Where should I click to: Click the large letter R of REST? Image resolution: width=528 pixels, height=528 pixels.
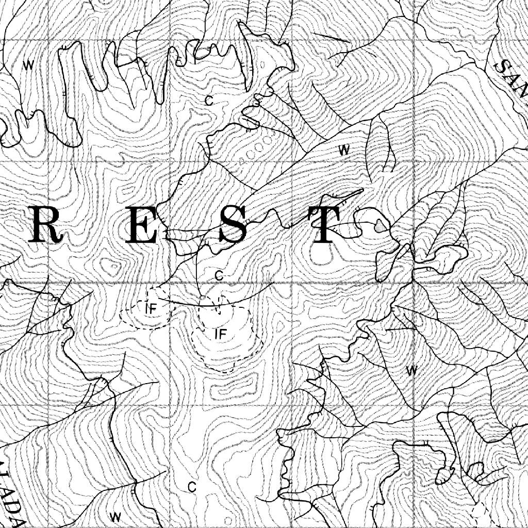(45, 225)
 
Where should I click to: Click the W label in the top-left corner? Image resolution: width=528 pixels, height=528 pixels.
(29, 65)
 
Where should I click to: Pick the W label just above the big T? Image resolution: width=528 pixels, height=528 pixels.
(344, 150)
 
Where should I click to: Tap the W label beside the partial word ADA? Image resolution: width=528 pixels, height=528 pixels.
(115, 516)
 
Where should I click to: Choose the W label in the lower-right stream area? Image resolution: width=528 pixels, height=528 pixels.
(411, 370)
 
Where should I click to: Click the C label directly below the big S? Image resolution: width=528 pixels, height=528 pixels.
(219, 276)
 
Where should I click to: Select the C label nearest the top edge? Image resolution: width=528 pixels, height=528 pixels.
(208, 101)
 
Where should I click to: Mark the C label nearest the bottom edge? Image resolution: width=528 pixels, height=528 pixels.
(192, 487)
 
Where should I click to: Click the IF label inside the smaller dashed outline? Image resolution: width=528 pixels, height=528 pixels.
(151, 309)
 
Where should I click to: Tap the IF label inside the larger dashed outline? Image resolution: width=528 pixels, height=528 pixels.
(221, 334)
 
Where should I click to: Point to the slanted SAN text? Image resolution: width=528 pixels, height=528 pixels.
(510, 77)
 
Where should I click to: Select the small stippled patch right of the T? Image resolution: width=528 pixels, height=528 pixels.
(381, 225)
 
